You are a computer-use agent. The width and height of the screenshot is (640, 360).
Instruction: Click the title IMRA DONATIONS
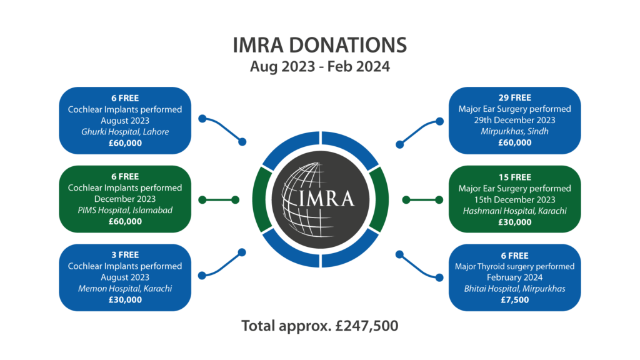click(x=319, y=45)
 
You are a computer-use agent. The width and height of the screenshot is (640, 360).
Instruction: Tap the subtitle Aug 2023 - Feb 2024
click(x=319, y=66)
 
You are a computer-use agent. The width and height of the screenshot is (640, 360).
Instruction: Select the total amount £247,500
click(x=366, y=326)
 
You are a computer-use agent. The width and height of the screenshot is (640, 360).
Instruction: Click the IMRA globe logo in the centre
click(x=321, y=199)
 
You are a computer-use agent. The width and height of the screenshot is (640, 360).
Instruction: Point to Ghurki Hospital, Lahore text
click(x=125, y=132)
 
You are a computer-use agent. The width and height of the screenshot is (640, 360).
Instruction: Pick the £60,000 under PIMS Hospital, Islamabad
click(x=125, y=221)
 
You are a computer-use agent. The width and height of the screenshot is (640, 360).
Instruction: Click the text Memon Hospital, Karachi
click(x=125, y=289)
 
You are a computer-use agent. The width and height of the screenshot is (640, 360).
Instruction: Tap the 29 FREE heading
click(x=515, y=97)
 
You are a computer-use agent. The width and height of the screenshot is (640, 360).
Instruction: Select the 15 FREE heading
click(x=515, y=177)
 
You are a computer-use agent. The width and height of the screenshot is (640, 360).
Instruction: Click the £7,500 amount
click(x=515, y=299)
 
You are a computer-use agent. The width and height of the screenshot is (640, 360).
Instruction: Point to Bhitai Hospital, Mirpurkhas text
click(x=515, y=289)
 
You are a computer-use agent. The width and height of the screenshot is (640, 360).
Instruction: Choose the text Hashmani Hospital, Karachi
click(x=515, y=211)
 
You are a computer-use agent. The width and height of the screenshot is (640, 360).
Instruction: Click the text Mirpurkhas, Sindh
click(x=515, y=131)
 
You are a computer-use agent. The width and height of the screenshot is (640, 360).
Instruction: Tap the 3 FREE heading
click(x=125, y=255)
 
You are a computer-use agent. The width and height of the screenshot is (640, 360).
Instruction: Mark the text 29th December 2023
click(x=515, y=120)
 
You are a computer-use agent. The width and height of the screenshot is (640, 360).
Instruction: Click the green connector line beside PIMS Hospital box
click(x=219, y=199)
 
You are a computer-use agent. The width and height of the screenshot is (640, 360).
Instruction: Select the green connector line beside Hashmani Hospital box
click(x=422, y=199)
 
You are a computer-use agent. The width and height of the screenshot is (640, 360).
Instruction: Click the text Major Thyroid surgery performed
click(x=515, y=266)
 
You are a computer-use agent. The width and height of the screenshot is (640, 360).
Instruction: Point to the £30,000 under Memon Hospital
click(x=125, y=299)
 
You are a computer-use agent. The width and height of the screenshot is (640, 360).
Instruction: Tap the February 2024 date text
click(x=515, y=277)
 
